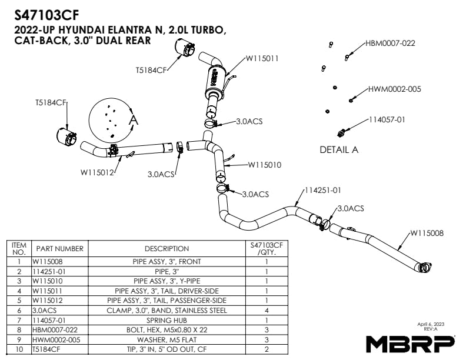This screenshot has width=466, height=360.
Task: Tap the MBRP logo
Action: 410,342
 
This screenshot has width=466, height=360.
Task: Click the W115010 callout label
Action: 264,165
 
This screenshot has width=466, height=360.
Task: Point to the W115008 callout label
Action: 427,233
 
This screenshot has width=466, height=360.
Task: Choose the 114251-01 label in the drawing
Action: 323,190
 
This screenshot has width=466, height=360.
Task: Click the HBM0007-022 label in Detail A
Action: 390,43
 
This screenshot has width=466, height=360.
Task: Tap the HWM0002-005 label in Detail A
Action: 394,89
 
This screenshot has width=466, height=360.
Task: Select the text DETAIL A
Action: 339,149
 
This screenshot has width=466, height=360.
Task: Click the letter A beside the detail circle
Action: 133,119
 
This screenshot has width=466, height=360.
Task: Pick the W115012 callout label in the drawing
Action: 97,172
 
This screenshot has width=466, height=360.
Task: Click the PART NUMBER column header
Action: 59,249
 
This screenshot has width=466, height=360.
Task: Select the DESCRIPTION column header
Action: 167,249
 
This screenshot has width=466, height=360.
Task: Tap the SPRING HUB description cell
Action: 167,319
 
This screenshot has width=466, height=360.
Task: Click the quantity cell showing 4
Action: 267,309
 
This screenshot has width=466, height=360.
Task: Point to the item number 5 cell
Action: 19,299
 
